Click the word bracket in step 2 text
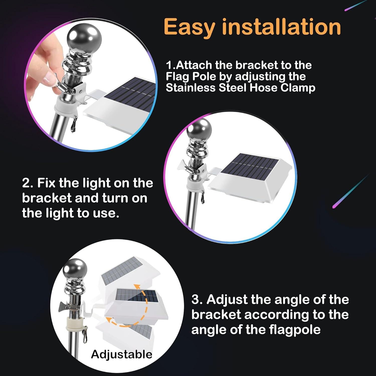[x=47, y=198]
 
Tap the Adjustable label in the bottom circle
[x=122, y=354]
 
